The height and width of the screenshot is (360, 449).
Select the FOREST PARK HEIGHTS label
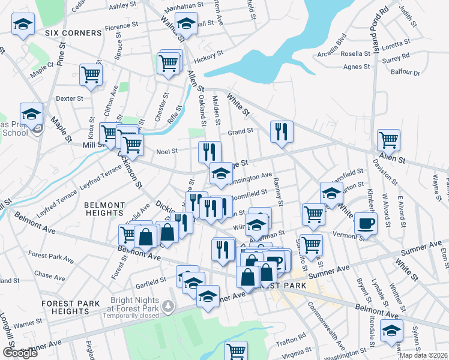tap(66, 307)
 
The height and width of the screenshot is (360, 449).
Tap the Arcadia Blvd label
tap(334, 48)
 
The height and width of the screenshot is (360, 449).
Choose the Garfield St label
tap(151, 280)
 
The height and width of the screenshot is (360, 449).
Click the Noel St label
tap(166, 151)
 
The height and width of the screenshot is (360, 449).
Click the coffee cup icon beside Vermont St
tap(365, 223)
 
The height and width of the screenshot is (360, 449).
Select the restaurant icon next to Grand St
tap(281, 131)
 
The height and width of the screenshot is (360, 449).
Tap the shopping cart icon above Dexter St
tap(91, 74)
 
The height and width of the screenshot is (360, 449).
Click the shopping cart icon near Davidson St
tap(388, 140)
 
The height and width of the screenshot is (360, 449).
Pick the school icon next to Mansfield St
tap(331, 193)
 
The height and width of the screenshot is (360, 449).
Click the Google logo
tap(20, 353)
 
